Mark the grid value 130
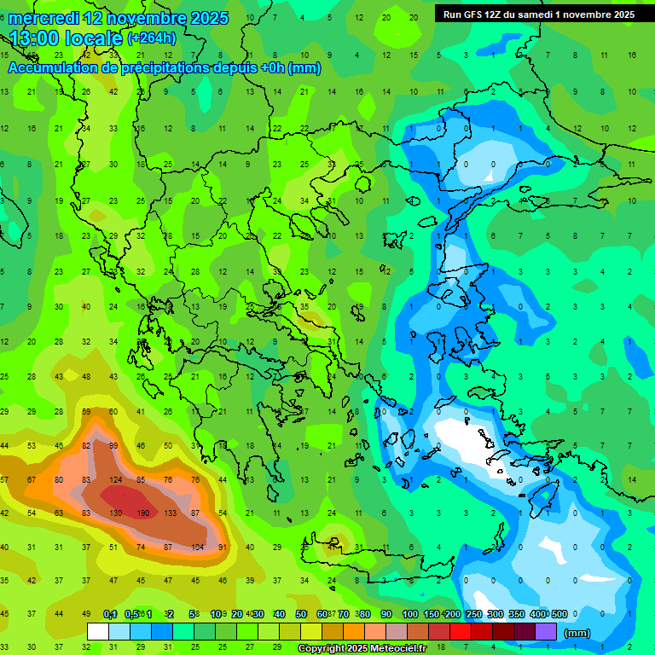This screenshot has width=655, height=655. [x=116, y=513]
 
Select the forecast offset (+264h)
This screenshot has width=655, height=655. [x=154, y=38]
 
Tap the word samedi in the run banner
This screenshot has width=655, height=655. [x=547, y=14]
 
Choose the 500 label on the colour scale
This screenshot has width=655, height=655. [x=559, y=614]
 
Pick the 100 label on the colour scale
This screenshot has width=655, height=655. [x=409, y=614]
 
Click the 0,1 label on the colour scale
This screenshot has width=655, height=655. [x=110, y=614]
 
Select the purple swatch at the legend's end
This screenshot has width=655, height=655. [x=546, y=631]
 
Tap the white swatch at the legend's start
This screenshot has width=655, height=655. [x=98, y=631]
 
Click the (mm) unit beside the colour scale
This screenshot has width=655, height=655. [x=577, y=633]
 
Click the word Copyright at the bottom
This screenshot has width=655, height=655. [x=324, y=648]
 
